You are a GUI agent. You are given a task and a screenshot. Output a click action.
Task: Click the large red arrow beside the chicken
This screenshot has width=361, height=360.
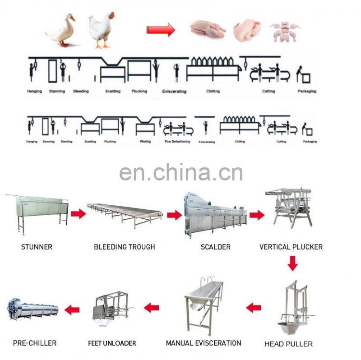click(x=160, y=30)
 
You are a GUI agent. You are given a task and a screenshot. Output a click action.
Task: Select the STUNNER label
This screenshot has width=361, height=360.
click(x=37, y=247)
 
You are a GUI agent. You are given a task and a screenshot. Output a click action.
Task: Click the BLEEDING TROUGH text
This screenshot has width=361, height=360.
click(x=124, y=247)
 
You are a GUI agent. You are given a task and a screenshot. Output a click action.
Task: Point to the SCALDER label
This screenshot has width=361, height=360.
click(x=215, y=247)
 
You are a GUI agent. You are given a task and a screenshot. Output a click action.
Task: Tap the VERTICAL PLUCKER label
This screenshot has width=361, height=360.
click(x=291, y=247)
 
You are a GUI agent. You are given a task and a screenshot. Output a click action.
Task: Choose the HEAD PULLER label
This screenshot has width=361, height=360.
click(x=289, y=344)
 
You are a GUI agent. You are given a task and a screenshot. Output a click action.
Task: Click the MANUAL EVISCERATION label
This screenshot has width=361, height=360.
click(x=204, y=343)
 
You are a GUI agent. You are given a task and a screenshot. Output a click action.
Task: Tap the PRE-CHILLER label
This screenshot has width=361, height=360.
click(x=35, y=343)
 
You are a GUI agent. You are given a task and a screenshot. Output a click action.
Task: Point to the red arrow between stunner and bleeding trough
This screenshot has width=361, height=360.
click(x=79, y=214)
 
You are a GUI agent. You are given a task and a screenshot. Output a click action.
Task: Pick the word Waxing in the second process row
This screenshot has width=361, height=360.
click(x=145, y=142)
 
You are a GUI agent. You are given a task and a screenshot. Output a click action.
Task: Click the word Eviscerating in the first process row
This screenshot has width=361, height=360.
click(x=174, y=91)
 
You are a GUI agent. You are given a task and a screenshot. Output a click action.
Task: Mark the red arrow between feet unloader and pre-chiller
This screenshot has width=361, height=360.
click(x=72, y=309)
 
